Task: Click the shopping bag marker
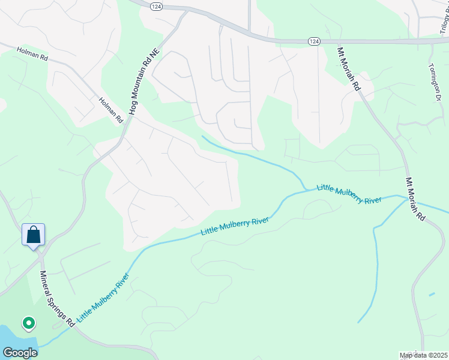[34, 234]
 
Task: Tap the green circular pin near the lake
[28, 324]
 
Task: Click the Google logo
[19, 352]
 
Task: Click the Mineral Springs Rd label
[56, 298]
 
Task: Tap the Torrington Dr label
[435, 82]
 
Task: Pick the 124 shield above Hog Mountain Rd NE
[156, 6]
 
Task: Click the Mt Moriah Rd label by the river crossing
[415, 199]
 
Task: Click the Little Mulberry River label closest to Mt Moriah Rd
[349, 194]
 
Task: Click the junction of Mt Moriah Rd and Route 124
[336, 41]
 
